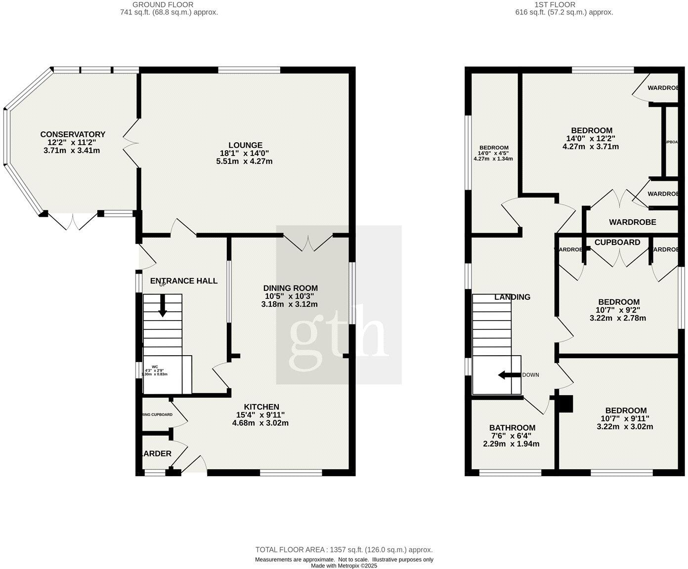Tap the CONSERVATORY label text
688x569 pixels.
[x=73, y=134]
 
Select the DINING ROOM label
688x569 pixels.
[x=290, y=288]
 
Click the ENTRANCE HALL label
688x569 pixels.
[x=184, y=281]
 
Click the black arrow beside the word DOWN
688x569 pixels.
[x=509, y=375]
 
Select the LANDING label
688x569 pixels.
[x=512, y=297]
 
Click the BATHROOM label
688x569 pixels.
[x=512, y=428]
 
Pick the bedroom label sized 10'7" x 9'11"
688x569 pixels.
[x=626, y=410]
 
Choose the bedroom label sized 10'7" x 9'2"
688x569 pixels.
[x=618, y=302]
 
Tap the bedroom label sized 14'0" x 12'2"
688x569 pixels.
[x=590, y=130]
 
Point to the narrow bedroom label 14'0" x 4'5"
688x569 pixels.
[x=494, y=148]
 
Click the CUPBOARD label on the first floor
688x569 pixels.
[x=617, y=243]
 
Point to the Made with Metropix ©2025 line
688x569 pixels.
[x=344, y=566]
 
